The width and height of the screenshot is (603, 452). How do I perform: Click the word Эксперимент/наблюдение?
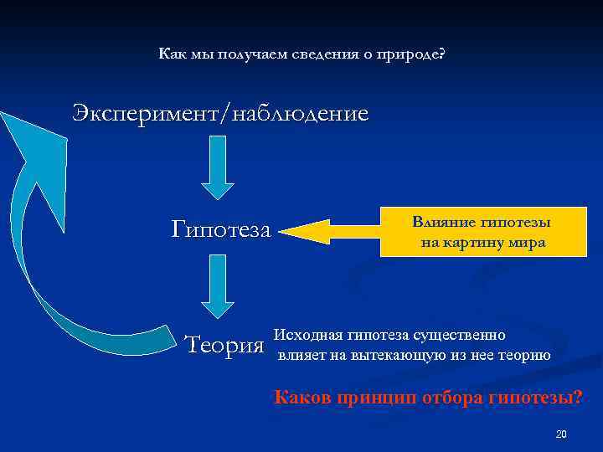[x=219, y=113]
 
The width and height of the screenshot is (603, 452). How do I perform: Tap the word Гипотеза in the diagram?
[x=221, y=229]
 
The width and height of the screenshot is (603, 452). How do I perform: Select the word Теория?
[x=223, y=344]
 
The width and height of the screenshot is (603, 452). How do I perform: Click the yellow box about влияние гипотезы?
[x=481, y=232]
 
